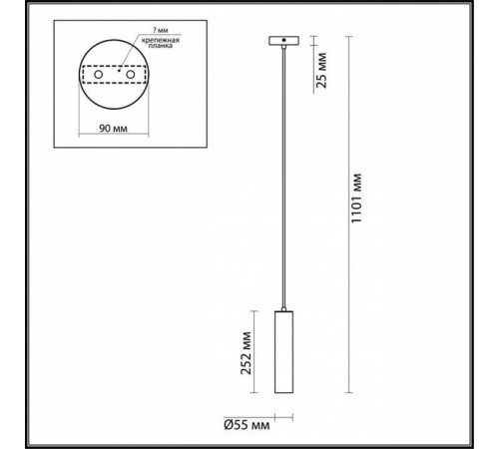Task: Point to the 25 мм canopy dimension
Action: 320,70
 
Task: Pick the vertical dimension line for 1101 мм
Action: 347,215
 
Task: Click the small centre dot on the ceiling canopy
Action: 285,40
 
